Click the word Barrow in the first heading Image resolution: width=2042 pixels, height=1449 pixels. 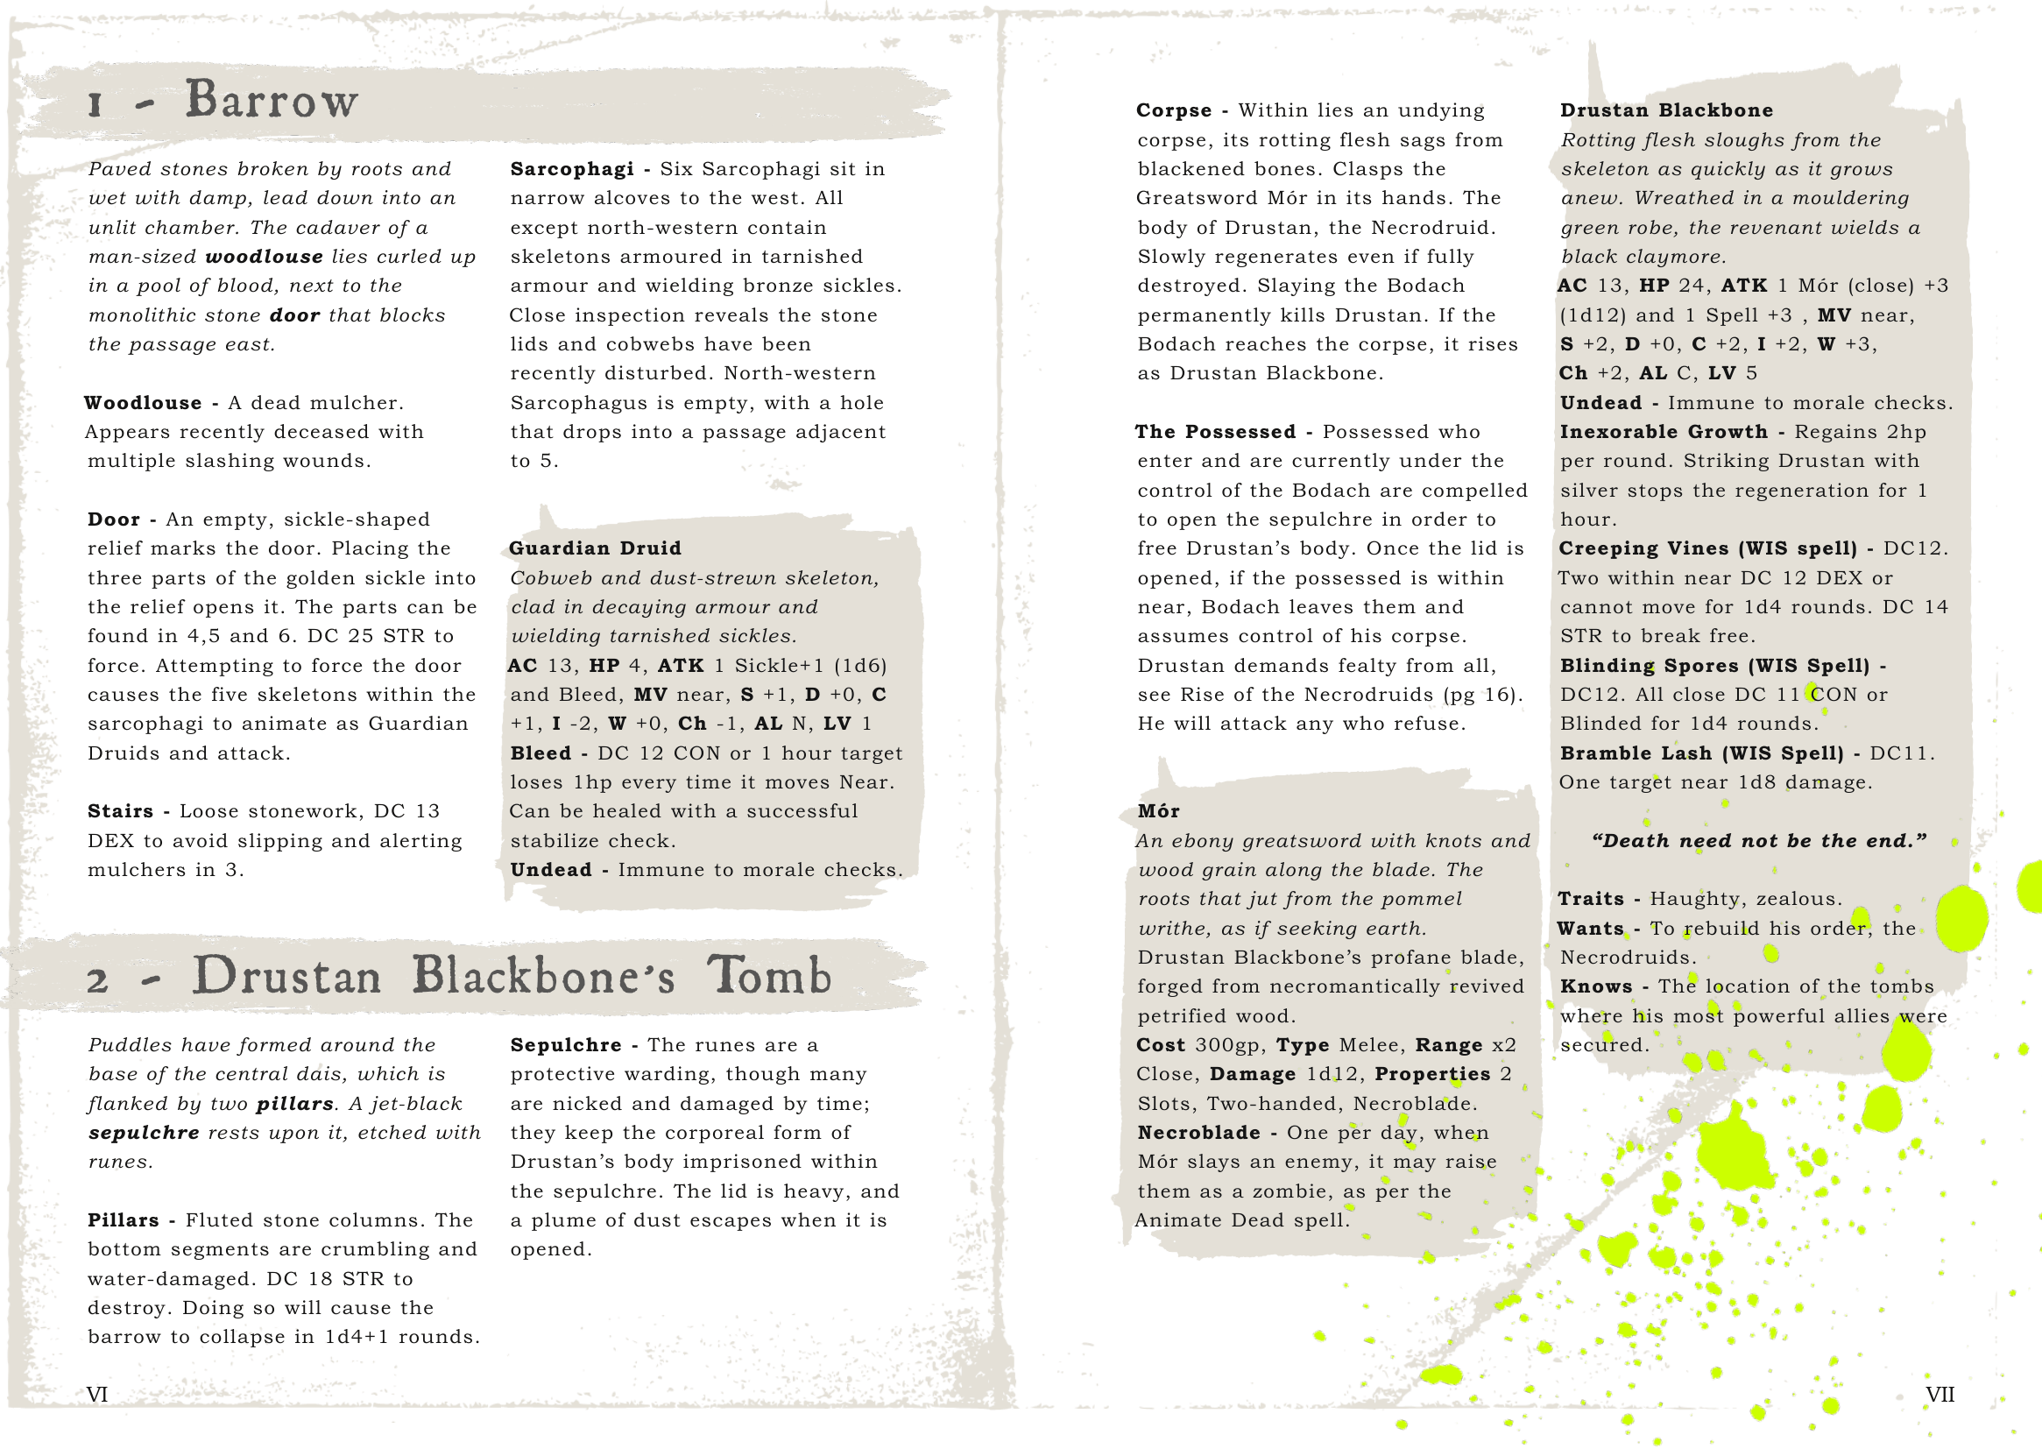tap(272, 100)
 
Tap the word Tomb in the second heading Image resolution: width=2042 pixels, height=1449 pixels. tap(770, 975)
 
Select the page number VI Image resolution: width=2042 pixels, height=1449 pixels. tap(97, 1395)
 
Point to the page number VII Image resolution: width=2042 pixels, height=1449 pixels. tap(1940, 1395)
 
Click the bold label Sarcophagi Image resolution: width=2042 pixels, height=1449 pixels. tap(572, 168)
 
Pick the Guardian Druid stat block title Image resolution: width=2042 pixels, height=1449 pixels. tap(595, 548)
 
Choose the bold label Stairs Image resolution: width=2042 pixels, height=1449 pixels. tap(120, 811)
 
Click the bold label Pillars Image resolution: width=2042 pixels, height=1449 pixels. tap(124, 1219)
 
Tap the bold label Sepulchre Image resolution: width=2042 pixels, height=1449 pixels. tap(566, 1045)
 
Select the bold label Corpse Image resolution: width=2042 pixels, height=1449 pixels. tap(1174, 110)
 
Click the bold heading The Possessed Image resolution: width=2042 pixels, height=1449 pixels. tap(1215, 432)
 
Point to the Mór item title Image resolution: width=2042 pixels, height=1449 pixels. tap(1159, 811)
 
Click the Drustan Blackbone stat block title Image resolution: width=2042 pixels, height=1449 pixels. tap(1666, 110)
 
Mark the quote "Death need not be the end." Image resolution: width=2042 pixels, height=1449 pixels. tap(1758, 840)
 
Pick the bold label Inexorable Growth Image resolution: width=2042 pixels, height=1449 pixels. tap(1664, 432)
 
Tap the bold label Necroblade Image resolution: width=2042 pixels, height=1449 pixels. tap(1199, 1132)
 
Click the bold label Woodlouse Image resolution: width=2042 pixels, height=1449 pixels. tap(143, 402)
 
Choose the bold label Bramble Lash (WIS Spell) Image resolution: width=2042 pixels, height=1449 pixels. tap(1701, 753)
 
